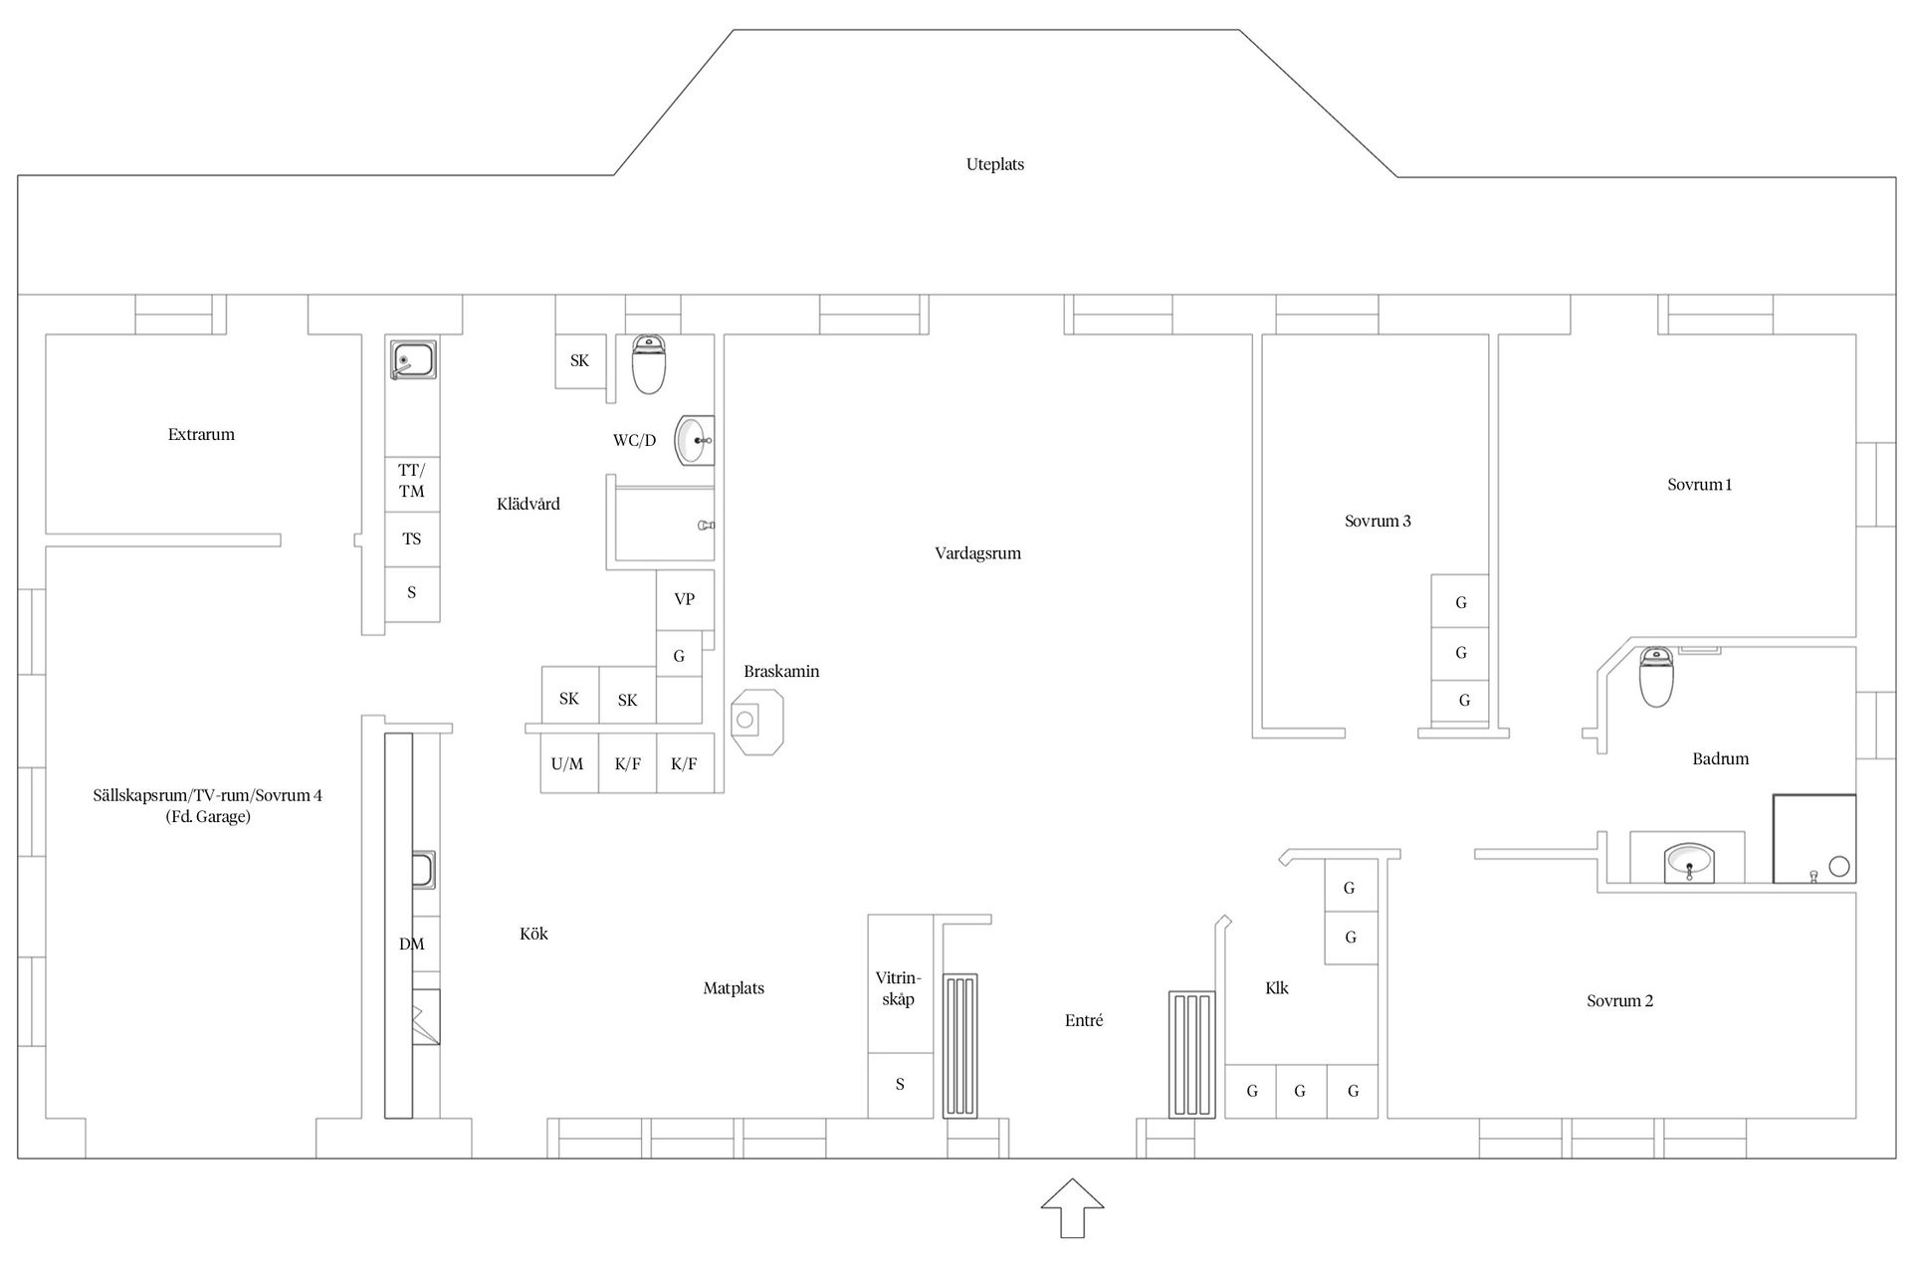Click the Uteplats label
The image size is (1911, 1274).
tap(994, 164)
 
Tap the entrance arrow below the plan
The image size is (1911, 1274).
tap(1072, 1207)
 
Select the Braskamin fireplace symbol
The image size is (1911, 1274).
tap(756, 721)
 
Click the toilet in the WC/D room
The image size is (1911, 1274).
tap(649, 364)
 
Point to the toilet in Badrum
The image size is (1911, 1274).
tap(1656, 677)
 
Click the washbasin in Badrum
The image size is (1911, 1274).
tap(1689, 862)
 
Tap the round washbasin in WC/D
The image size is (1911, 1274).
tap(694, 440)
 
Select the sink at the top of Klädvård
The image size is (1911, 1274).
tap(412, 359)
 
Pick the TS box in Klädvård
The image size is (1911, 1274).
tap(412, 539)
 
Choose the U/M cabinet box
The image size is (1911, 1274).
tap(568, 763)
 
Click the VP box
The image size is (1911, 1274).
tap(685, 599)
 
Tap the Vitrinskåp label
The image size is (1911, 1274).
tap(898, 988)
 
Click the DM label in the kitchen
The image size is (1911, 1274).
tap(412, 944)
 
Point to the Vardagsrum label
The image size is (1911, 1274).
tap(977, 553)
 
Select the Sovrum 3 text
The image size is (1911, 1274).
tap(1378, 521)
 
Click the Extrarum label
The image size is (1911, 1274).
tap(201, 434)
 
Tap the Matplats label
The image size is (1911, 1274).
tap(734, 988)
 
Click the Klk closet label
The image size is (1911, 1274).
tap(1277, 987)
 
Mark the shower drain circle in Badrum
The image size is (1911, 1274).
tap(1839, 867)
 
